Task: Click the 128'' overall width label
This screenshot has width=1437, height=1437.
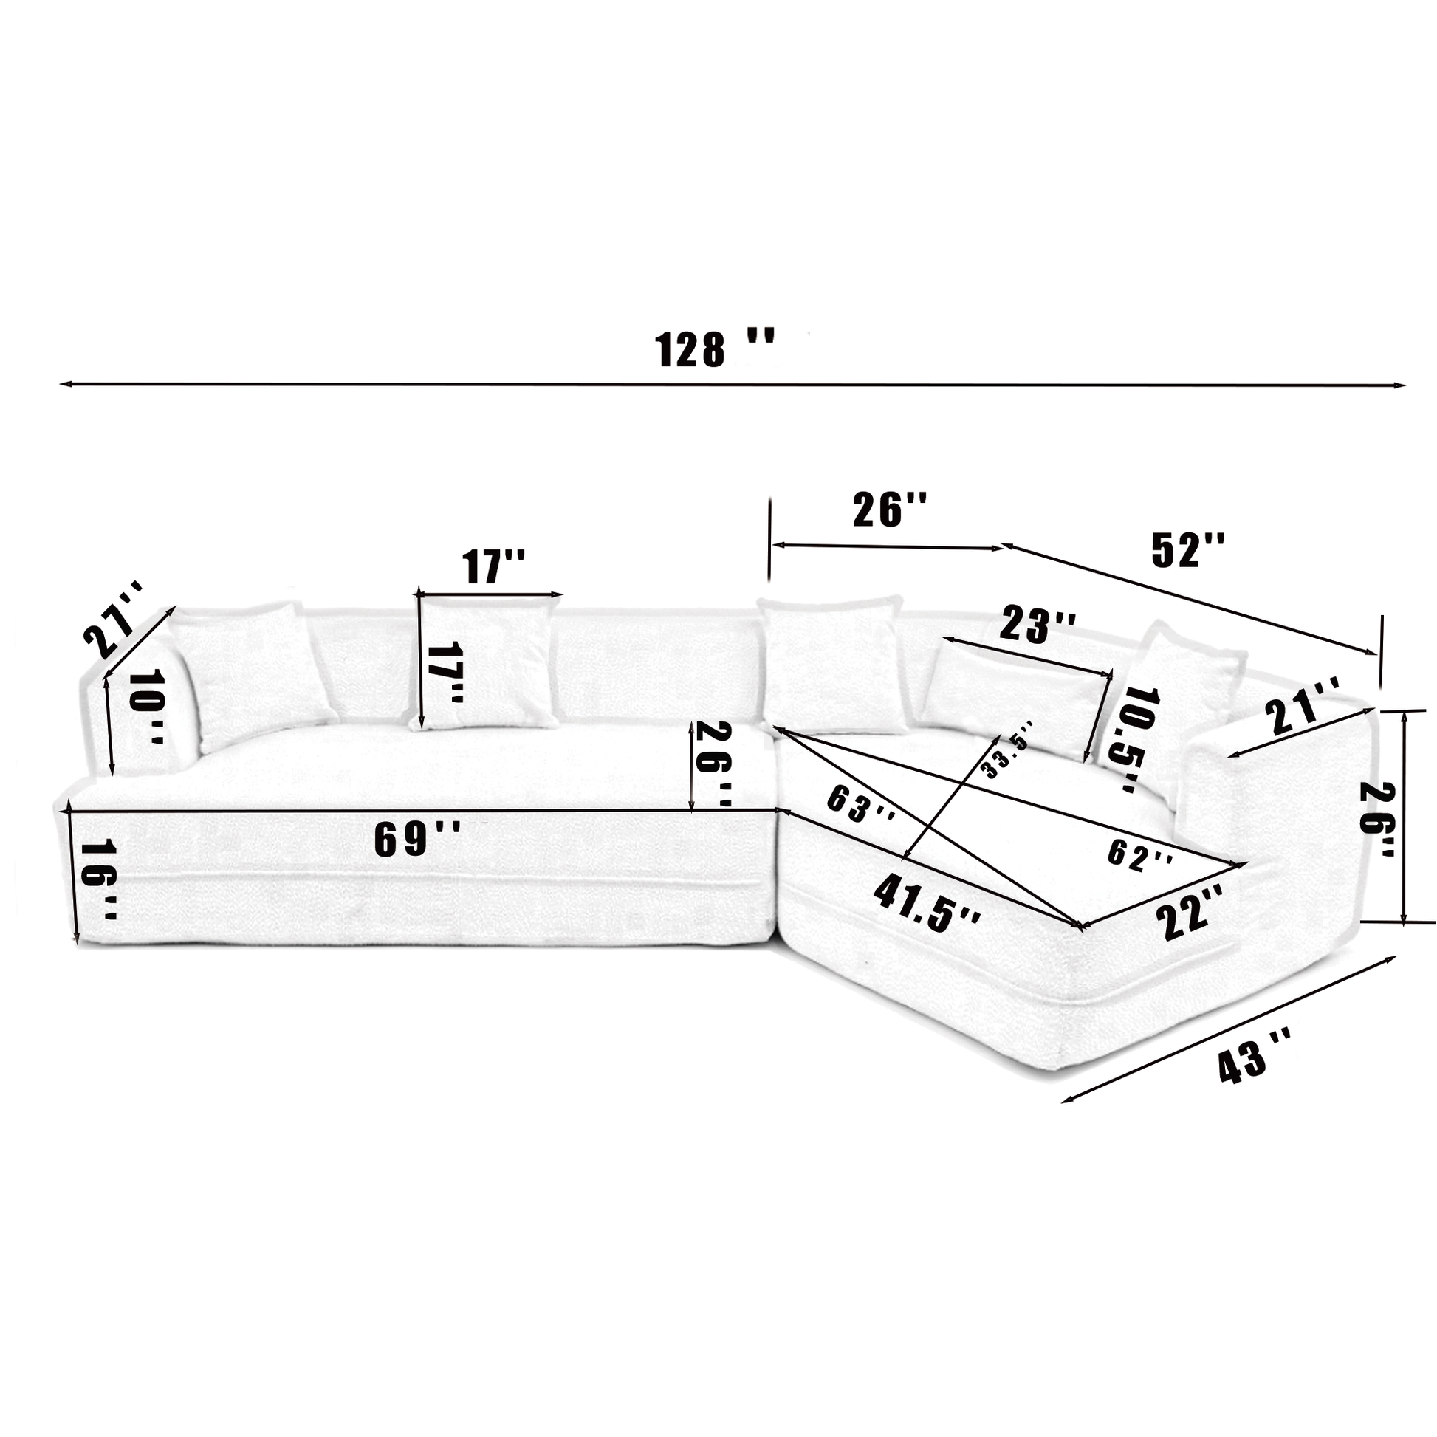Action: click(714, 349)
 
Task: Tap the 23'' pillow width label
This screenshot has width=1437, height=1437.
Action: click(1037, 624)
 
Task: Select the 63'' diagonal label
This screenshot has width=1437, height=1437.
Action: click(860, 804)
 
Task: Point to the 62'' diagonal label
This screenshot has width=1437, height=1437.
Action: click(1140, 852)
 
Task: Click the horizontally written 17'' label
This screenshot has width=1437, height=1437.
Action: click(494, 567)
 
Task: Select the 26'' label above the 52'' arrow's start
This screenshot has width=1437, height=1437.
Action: click(890, 510)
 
